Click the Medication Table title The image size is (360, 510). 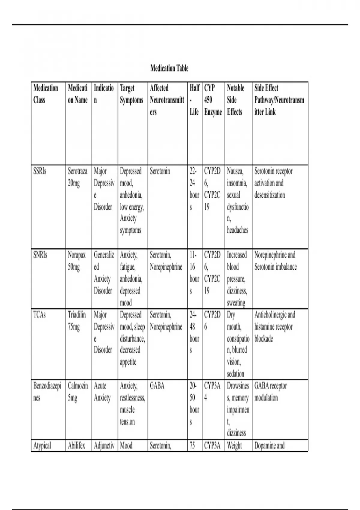pos(169,68)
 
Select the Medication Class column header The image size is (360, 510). pos(46,94)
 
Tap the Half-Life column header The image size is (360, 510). pos(194,100)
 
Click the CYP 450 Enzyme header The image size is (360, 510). pos(213,100)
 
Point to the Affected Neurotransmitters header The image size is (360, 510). pos(167,100)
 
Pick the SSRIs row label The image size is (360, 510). pos(40,171)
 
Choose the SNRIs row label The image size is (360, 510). pos(40,255)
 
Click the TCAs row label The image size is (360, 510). pos(40,315)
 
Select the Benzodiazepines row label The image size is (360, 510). pos(47,392)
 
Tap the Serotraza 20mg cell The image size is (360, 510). pos(78,177)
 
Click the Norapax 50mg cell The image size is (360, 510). pos(77,261)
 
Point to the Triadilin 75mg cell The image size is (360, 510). pos(77,321)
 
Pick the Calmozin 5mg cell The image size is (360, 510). pos(78,392)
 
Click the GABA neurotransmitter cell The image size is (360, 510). pos(157,386)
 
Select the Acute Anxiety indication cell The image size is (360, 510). pos(102,392)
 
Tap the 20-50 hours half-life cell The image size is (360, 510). pos(194,403)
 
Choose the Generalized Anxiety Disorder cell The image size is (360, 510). pos(104,273)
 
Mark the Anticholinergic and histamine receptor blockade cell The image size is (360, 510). pos(275,327)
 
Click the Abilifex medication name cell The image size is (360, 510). pos(76,445)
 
